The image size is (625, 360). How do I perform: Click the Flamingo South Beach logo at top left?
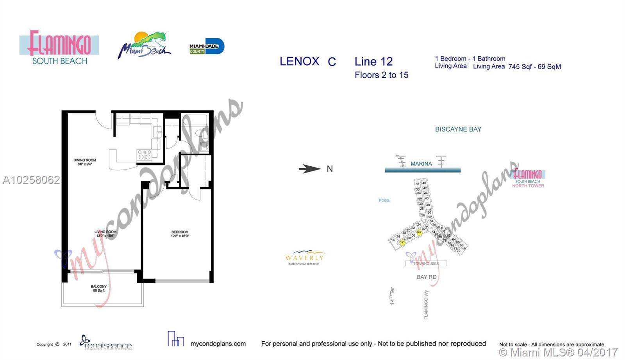pos(59,48)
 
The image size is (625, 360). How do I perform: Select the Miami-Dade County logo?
pos(206,46)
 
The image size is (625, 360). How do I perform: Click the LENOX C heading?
pos(307,62)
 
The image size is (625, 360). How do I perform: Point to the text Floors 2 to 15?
pos(381,75)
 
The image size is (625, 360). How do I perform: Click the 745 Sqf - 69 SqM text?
pos(534,67)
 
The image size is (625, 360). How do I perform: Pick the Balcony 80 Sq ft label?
pos(98,288)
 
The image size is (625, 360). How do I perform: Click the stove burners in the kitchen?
pos(144,155)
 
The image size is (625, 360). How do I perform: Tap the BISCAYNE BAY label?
pos(458,129)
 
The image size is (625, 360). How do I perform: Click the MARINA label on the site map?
pos(421,164)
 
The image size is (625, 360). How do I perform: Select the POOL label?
pos(384,200)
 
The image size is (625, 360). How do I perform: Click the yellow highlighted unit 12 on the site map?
pos(402,242)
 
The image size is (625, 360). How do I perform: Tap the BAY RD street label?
pos(427,277)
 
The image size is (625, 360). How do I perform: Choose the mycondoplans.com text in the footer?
pos(218,344)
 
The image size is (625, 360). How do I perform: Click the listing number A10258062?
pos(31,180)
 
